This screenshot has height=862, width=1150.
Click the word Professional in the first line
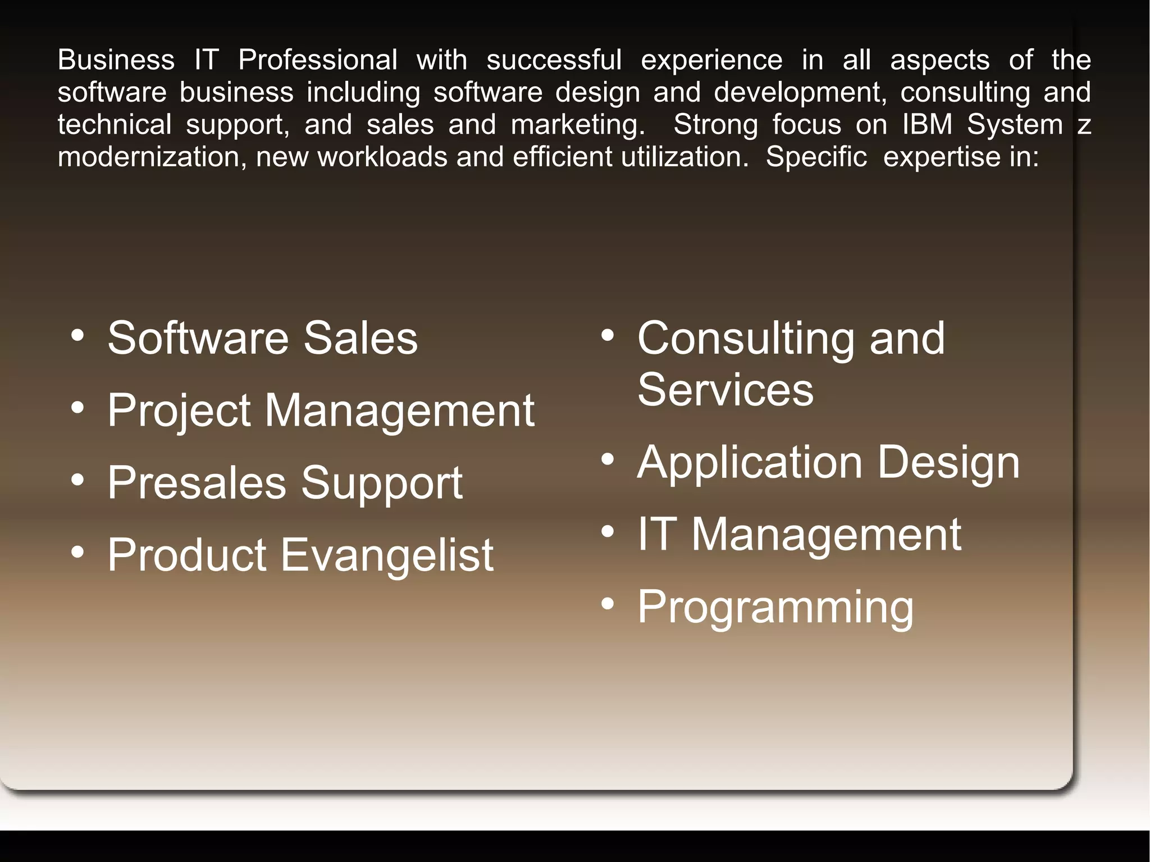pos(318,60)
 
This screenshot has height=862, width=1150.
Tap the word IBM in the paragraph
pos(927,124)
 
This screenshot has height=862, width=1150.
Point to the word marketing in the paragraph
pos(577,125)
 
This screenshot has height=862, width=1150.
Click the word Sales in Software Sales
pos(360,338)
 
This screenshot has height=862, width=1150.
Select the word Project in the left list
pos(179,411)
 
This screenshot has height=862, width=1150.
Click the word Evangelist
pos(387,555)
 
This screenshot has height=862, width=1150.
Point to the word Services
pos(725,390)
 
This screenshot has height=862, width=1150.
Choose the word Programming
pos(775,608)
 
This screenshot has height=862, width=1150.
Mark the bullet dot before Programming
pos(608,604)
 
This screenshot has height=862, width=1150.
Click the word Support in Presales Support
pos(382,484)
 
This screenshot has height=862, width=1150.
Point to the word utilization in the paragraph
pos(684,157)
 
